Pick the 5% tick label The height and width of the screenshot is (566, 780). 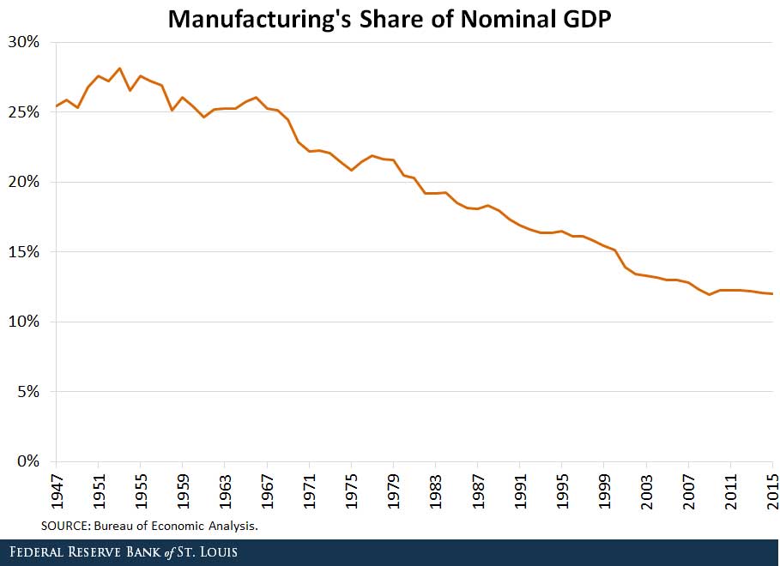click(x=27, y=392)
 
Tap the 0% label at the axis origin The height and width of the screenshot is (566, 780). click(x=27, y=461)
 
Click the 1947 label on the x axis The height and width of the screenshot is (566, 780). click(x=56, y=491)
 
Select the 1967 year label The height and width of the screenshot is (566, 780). click(x=267, y=491)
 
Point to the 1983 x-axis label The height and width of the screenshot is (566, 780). click(x=436, y=491)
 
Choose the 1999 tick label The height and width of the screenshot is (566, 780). click(x=604, y=491)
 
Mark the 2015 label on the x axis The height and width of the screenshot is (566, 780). click(x=772, y=491)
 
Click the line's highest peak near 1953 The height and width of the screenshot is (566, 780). click(x=119, y=68)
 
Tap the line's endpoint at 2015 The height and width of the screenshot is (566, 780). click(x=772, y=294)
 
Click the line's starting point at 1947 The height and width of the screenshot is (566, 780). click(x=56, y=106)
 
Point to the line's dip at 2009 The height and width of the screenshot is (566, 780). click(x=710, y=295)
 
